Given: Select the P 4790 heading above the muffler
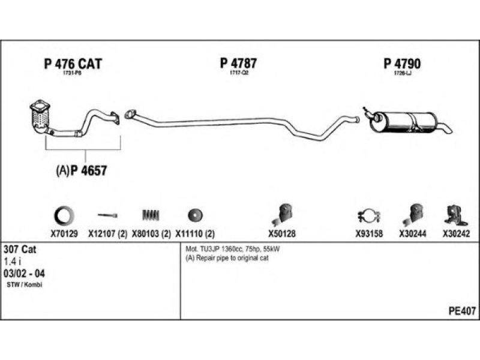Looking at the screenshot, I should coord(402,64).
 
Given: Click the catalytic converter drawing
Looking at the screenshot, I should coord(40,117).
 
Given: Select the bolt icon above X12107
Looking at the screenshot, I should coord(108,215).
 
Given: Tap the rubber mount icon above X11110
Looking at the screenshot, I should coord(194,214).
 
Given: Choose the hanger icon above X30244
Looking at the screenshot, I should coord(413,214).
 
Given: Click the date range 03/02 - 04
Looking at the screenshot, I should coord(25,273).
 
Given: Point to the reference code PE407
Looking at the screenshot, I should coord(462,311).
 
